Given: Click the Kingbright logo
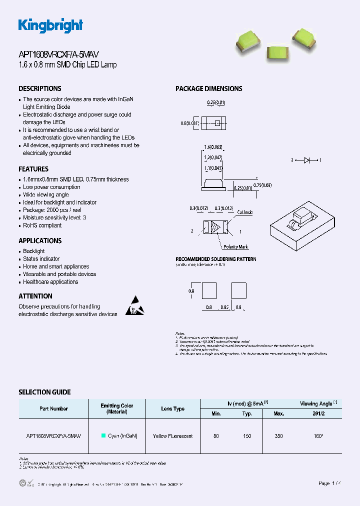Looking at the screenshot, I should [50, 25].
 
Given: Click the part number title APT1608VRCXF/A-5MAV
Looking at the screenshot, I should [62, 55].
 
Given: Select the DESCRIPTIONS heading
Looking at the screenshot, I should [40, 88].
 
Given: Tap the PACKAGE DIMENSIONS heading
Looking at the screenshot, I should [208, 88].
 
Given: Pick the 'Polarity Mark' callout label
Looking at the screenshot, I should [235, 247].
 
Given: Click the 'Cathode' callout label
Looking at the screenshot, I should [244, 212].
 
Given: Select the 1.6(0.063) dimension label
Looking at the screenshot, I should [213, 147].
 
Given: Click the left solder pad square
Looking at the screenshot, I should [208, 290].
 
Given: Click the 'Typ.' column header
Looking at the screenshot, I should [247, 413].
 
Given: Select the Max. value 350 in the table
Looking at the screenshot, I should [278, 436].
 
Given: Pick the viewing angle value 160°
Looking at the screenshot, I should [318, 436].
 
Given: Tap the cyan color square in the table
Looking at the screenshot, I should [103, 436].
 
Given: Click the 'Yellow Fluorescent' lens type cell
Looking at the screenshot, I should [172, 436].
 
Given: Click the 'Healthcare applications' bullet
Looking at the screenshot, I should [50, 282].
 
